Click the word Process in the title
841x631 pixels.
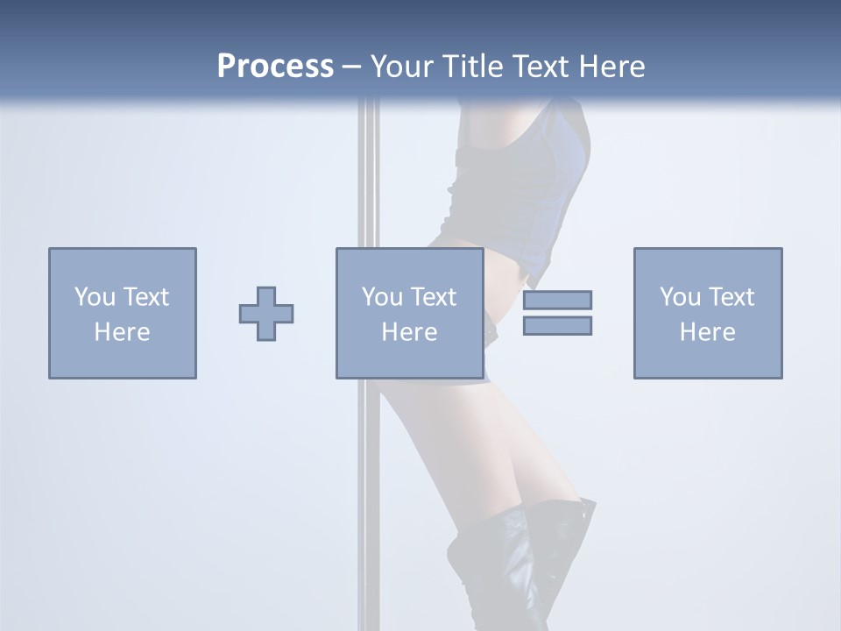coord(275,67)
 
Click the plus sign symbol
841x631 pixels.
coord(266,314)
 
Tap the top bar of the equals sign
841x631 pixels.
coord(557,300)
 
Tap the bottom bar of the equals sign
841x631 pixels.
coord(557,326)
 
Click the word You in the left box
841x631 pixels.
coord(95,297)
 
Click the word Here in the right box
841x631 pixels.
coord(708,332)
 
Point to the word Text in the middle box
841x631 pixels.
coord(432,297)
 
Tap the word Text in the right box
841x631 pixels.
coord(730,297)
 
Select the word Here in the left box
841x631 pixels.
coord(123,332)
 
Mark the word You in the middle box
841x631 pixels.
coord(383,297)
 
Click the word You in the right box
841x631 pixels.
coord(681,297)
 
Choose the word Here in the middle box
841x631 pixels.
coord(409,332)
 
